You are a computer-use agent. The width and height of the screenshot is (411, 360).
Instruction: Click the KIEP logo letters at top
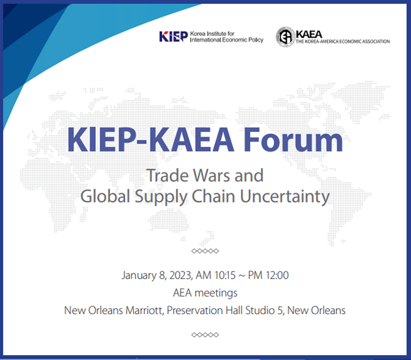point(174,36)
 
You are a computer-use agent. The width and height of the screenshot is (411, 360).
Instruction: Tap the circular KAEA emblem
point(285,37)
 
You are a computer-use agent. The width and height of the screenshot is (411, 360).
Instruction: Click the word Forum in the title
point(293,140)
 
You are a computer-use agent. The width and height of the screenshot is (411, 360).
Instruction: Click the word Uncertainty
point(285,197)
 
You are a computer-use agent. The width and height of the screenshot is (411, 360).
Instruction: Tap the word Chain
point(213,196)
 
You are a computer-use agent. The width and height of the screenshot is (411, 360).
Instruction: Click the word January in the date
point(139,275)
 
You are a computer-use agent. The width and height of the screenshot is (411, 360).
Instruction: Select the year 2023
point(181,275)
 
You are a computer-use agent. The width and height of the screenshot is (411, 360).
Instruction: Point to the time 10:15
point(225,275)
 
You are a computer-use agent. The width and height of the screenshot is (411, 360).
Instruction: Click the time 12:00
point(277,275)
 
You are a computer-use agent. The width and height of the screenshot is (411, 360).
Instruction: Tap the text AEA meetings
point(206,293)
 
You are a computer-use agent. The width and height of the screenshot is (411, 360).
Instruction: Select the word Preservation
point(195,311)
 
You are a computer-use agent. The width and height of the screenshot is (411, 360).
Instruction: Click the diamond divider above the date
point(205,251)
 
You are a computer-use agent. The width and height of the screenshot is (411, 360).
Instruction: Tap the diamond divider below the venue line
point(205,335)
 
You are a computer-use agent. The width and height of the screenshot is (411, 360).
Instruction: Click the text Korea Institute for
point(212,33)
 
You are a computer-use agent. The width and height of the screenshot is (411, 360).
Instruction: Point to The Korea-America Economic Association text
point(343,42)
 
